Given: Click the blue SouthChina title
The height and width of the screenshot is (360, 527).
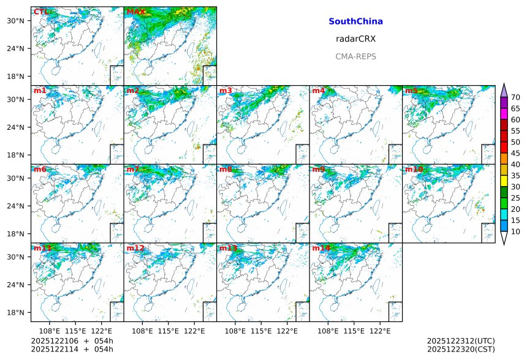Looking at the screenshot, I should click(355, 21).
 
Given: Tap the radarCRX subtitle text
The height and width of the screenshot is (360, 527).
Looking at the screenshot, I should click(355, 39).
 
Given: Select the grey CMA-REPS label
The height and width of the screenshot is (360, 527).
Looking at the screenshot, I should click(355, 56).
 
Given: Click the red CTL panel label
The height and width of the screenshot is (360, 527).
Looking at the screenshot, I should click(41, 12).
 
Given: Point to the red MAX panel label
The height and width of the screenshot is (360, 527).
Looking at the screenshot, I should click(135, 12).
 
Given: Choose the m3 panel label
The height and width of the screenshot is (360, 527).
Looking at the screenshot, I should click(226, 91).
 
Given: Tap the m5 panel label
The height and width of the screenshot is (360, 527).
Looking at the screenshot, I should click(411, 91).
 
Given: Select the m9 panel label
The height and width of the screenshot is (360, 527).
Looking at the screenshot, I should click(319, 169).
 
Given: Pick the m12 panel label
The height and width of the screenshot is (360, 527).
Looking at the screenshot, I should click(135, 248).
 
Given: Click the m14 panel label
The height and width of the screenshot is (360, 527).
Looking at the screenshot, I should click(321, 248).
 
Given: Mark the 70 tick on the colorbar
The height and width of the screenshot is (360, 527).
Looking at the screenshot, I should click(515, 97).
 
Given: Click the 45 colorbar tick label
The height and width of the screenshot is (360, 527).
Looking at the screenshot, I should click(515, 153).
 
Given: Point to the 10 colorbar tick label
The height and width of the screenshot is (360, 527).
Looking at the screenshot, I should click(515, 231).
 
